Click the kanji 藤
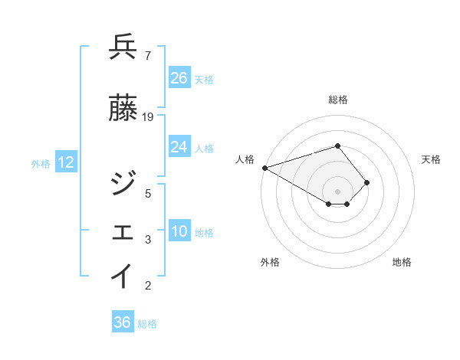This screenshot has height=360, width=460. tap(123, 108)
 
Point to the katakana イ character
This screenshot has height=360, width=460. tap(123, 277)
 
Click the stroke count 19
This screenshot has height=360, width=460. tap(148, 117)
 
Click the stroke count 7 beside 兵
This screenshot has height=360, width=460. tap(147, 56)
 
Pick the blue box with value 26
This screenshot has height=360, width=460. tap(179, 77)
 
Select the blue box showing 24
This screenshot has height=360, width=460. tap(179, 147)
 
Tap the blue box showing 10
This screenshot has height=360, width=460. tap(179, 231)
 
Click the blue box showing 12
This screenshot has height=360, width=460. tap(66, 162)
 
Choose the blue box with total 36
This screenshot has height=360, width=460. tap(122, 322)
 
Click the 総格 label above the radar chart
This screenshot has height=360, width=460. tap(337, 100)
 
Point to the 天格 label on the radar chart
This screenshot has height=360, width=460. tap(432, 159)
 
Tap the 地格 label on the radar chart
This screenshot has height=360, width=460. tap(402, 262)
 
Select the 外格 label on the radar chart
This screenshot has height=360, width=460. tap(270, 262)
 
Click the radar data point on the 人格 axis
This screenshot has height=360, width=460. tap(264, 167)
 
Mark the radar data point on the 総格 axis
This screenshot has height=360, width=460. tap(337, 146)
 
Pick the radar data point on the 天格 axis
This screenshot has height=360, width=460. tap(367, 182)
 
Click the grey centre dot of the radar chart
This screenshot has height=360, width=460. tap(337, 191)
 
